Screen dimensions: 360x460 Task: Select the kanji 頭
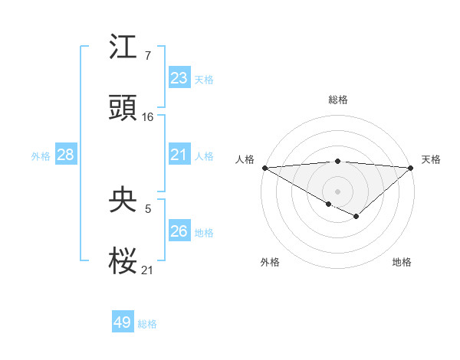123,108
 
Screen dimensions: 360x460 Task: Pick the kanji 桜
123,261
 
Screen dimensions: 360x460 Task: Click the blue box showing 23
179,78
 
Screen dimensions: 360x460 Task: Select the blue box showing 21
179,155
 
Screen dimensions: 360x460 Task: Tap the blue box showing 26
179,231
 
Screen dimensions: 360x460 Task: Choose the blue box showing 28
66,155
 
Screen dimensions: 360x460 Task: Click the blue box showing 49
123,322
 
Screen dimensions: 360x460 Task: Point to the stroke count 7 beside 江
147,56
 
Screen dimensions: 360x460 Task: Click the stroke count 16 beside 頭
148,117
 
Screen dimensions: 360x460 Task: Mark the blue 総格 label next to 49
147,324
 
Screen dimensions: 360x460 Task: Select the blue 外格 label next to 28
41,156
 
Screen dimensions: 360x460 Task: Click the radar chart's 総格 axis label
337,100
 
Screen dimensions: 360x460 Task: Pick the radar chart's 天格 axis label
431,159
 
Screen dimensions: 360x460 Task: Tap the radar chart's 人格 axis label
244,159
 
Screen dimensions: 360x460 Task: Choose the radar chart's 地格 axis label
402,263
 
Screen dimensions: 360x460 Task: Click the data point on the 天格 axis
411,168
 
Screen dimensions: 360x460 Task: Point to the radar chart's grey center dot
337,191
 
